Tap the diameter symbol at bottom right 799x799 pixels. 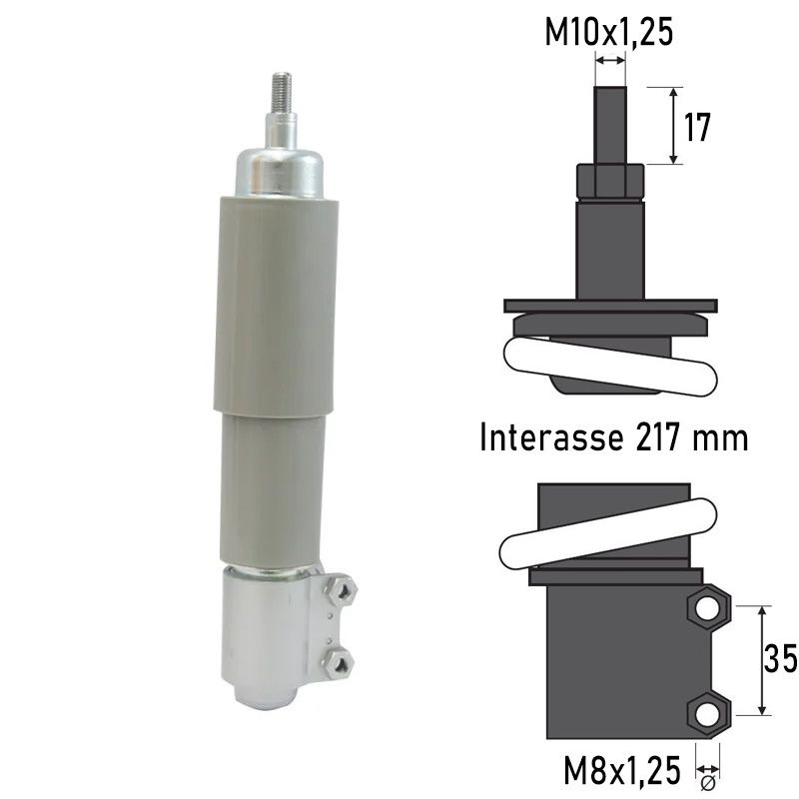click(x=707, y=782)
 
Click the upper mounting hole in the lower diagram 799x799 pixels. click(x=707, y=608)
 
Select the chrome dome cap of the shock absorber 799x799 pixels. click(x=280, y=170)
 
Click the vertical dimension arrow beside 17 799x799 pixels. click(x=674, y=126)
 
